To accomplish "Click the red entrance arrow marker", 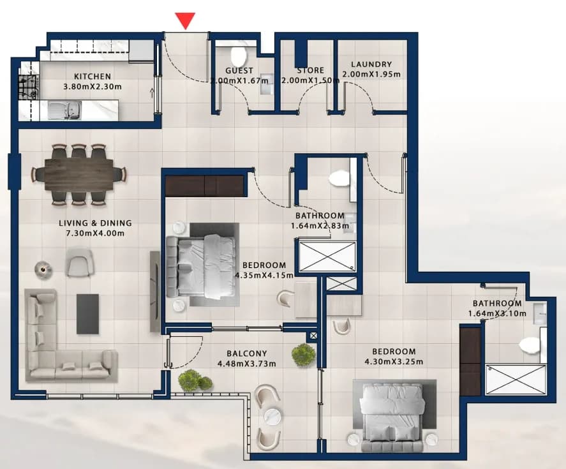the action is [185, 20].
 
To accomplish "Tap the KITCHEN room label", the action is [93, 77].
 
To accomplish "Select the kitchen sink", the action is [64, 110].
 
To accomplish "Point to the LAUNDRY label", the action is [371, 64].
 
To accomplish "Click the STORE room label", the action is [310, 70].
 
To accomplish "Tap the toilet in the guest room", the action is [239, 56].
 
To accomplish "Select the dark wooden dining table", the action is [79, 175].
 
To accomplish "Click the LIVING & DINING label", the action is [95, 223].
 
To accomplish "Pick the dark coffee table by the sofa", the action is [87, 314].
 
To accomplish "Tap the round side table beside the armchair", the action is [43, 269].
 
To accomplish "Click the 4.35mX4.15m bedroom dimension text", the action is [264, 276].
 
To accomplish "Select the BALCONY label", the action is [247, 354].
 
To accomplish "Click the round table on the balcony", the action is [273, 415].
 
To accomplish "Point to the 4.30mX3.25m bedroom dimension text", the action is [394, 361].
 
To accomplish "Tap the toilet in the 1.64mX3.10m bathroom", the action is [530, 345].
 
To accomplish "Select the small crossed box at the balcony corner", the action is [313, 336].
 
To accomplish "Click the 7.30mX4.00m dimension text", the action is [95, 234].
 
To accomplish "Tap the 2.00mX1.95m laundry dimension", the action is [371, 75].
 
